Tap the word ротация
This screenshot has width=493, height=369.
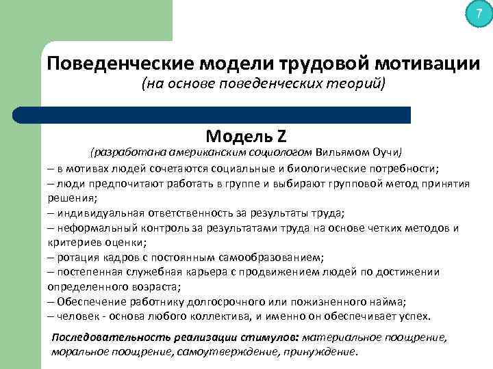click(x=77, y=257)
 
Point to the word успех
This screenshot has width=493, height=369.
click(x=415, y=316)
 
